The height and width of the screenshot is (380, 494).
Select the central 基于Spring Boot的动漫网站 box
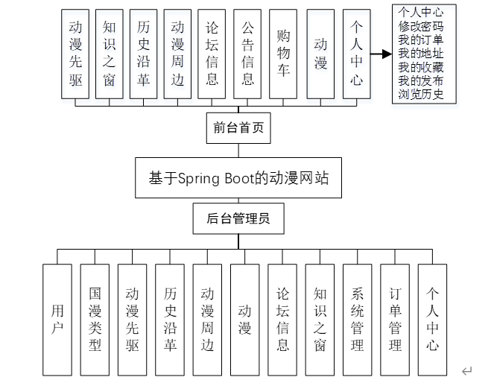point(238,178)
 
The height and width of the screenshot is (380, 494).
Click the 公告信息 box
point(248,53)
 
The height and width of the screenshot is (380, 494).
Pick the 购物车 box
point(284,53)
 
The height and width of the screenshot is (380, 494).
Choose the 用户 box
point(57,320)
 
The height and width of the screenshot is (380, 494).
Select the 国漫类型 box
point(95,320)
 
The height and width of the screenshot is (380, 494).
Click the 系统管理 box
point(358,320)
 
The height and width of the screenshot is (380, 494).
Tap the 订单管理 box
point(395,320)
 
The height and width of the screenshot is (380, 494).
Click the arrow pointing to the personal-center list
point(381,54)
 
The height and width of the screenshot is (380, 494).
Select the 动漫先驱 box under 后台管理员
point(133,320)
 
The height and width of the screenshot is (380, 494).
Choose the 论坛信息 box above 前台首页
point(212,53)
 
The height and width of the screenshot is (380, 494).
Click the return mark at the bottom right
point(466,370)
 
